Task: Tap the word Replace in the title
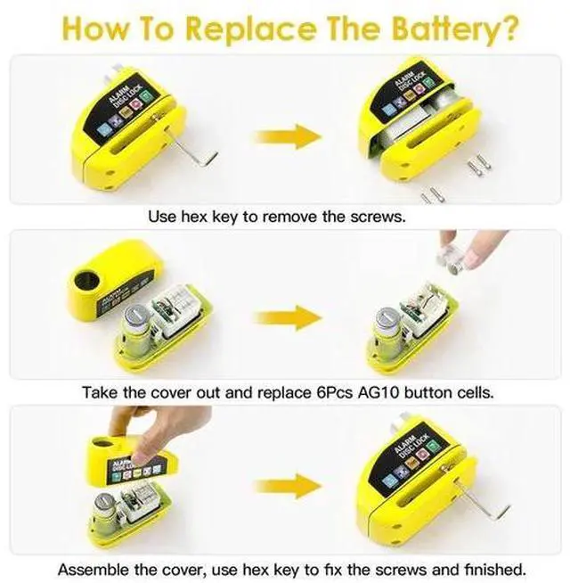[252, 29]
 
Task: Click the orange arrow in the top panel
[288, 136]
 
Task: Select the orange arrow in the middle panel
[288, 317]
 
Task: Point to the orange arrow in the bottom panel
[288, 486]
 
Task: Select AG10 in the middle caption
[379, 392]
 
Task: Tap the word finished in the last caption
[495, 570]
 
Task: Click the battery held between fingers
[452, 261]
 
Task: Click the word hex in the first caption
[193, 217]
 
